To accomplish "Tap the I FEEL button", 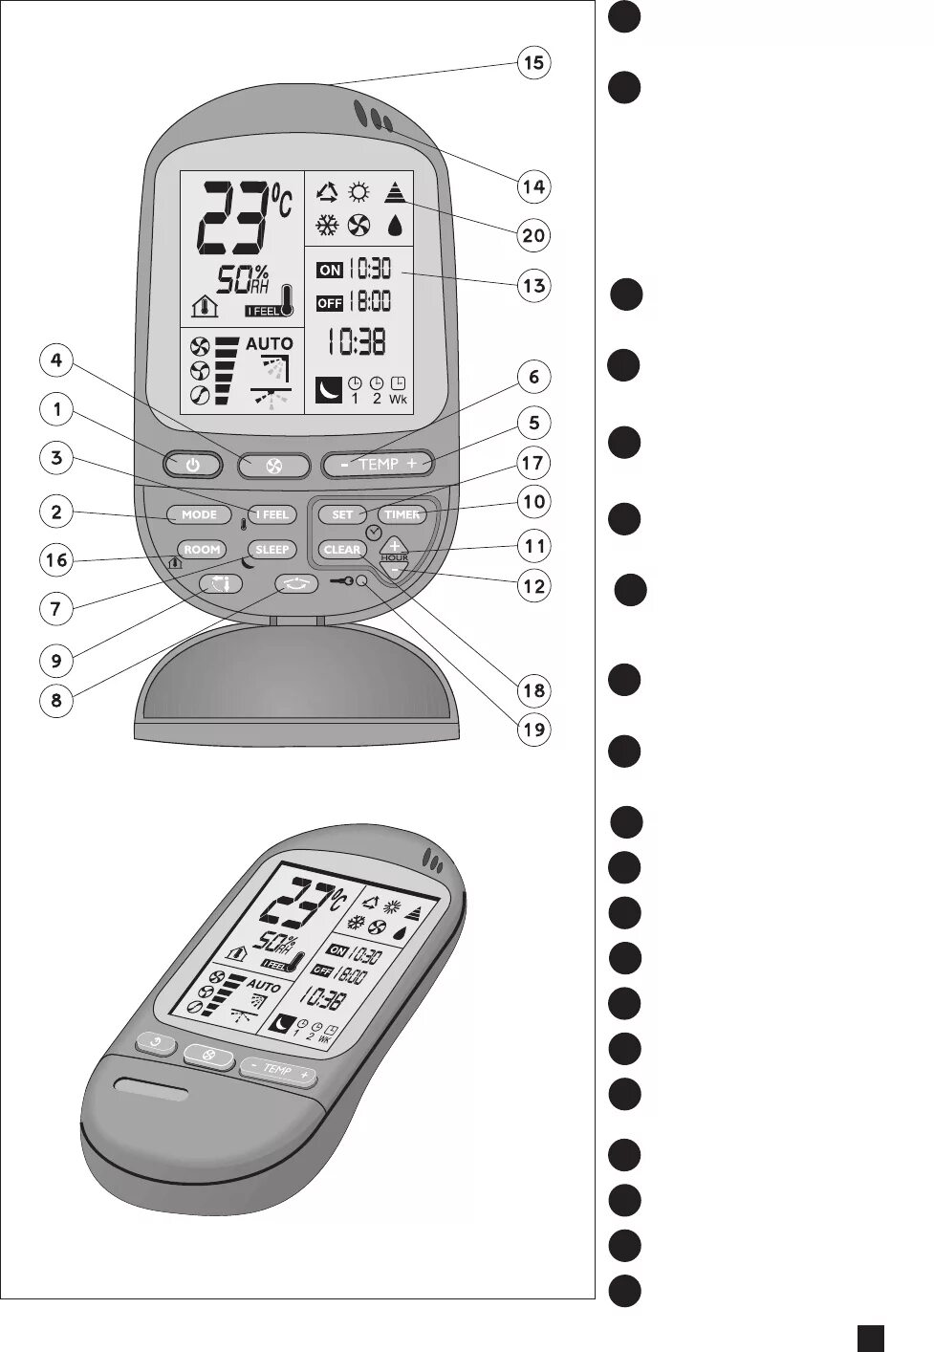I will pos(272,514).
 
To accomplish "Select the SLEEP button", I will pos(272,550).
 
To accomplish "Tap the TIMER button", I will pos(402,514).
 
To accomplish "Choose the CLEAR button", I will pos(341,550).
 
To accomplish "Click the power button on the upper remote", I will pos(192,466).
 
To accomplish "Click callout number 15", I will pos(533,63).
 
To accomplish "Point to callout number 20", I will pos(533,235).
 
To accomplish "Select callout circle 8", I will pos(56,701).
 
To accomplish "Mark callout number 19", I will pos(533,731).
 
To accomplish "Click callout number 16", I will pos(56,559).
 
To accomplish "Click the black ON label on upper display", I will pos(330,271).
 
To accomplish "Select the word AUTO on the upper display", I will pos(270,343).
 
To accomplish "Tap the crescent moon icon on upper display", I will pos(328,390).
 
